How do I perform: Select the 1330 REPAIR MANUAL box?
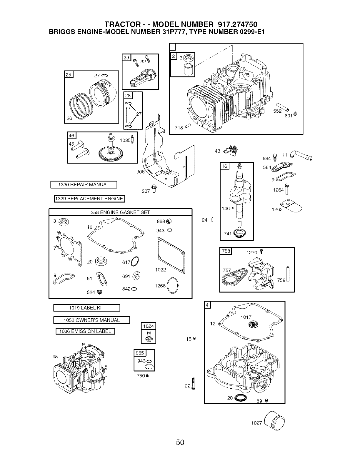click(x=84, y=185)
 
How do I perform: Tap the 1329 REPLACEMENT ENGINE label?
click(x=89, y=199)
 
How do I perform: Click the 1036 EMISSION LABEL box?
click(x=85, y=331)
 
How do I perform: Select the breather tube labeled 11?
click(x=301, y=155)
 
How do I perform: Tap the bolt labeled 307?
click(x=154, y=189)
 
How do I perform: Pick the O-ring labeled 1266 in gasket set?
click(x=173, y=285)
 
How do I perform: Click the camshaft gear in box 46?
click(x=111, y=149)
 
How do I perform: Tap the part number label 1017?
click(x=246, y=317)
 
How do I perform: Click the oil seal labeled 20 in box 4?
click(x=240, y=398)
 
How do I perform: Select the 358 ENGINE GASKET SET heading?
click(x=120, y=212)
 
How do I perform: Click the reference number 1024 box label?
click(x=148, y=326)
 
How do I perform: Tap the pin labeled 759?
click(x=288, y=274)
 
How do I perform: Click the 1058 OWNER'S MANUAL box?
click(x=92, y=320)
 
